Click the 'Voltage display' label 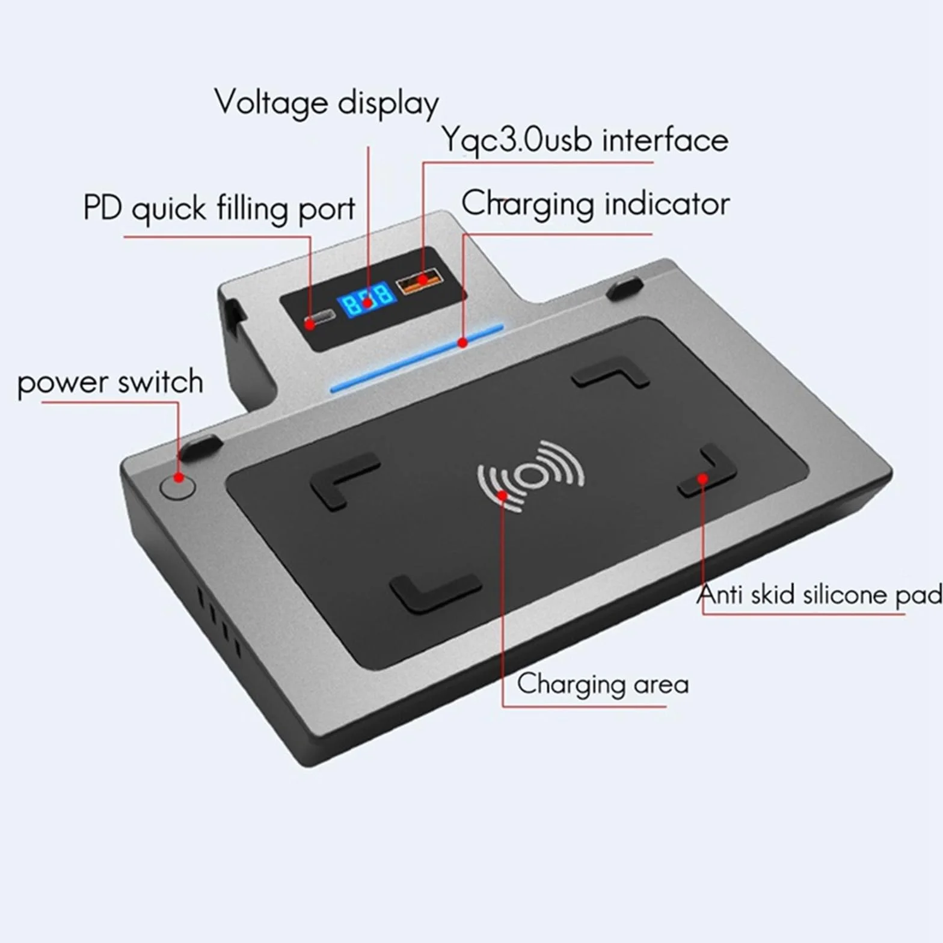coord(327,103)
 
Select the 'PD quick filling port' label coord(220,209)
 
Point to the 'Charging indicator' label coord(595,204)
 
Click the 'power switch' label coord(110,382)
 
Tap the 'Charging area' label coord(603,684)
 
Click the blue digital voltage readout coord(366,298)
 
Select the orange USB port coord(419,280)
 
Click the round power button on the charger coord(178,485)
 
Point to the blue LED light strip coord(417,358)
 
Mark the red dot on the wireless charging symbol coord(502,495)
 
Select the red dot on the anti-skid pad coord(702,479)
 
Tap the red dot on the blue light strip coord(462,343)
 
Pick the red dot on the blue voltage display coord(367,301)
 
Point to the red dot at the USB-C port coord(310,324)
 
